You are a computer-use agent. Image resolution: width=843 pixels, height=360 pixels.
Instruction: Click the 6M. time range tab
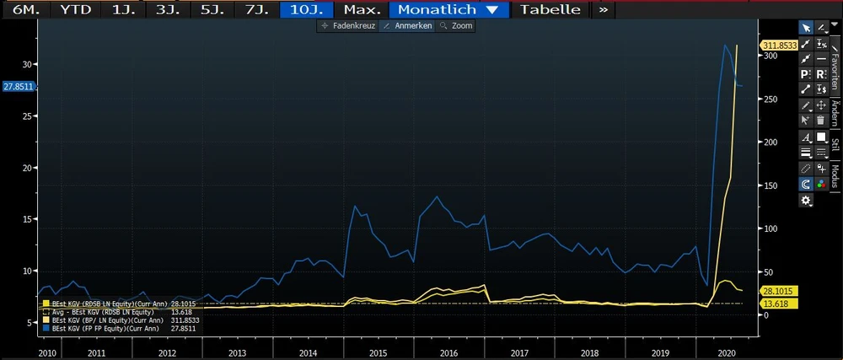pyautogui.click(x=22, y=10)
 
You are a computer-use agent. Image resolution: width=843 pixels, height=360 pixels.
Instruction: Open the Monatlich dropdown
pyautogui.click(x=448, y=10)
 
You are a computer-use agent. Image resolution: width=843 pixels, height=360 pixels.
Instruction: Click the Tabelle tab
pyautogui.click(x=550, y=10)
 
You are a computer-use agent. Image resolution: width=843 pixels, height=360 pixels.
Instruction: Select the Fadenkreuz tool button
pyautogui.click(x=346, y=26)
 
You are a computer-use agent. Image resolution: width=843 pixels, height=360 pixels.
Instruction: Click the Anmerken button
pyautogui.click(x=407, y=26)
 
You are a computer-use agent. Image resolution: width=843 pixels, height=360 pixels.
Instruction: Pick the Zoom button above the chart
pyautogui.click(x=457, y=26)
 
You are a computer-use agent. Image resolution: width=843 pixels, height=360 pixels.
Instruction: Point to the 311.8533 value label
pyautogui.click(x=780, y=45)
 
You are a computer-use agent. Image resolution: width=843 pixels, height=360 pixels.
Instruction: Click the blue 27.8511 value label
pyautogui.click(x=18, y=86)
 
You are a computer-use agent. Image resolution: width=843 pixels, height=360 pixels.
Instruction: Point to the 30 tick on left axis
pyautogui.click(x=27, y=64)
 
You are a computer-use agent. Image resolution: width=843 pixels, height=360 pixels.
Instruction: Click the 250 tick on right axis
pyautogui.click(x=771, y=99)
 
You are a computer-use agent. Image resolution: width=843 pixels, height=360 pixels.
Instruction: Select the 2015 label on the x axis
pyautogui.click(x=378, y=353)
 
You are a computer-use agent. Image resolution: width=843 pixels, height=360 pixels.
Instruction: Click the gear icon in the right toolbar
pyautogui.click(x=807, y=200)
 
